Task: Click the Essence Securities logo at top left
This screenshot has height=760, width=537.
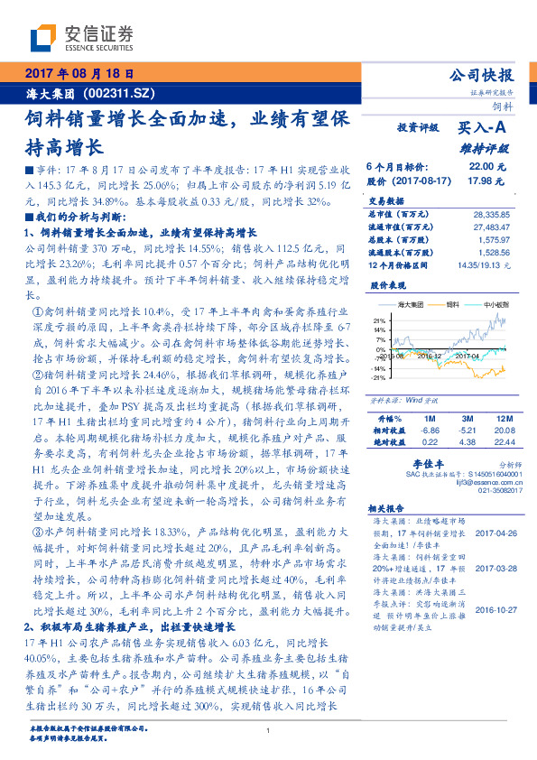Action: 82,37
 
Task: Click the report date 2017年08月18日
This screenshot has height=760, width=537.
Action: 79,73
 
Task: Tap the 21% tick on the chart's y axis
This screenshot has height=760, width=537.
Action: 380,320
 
